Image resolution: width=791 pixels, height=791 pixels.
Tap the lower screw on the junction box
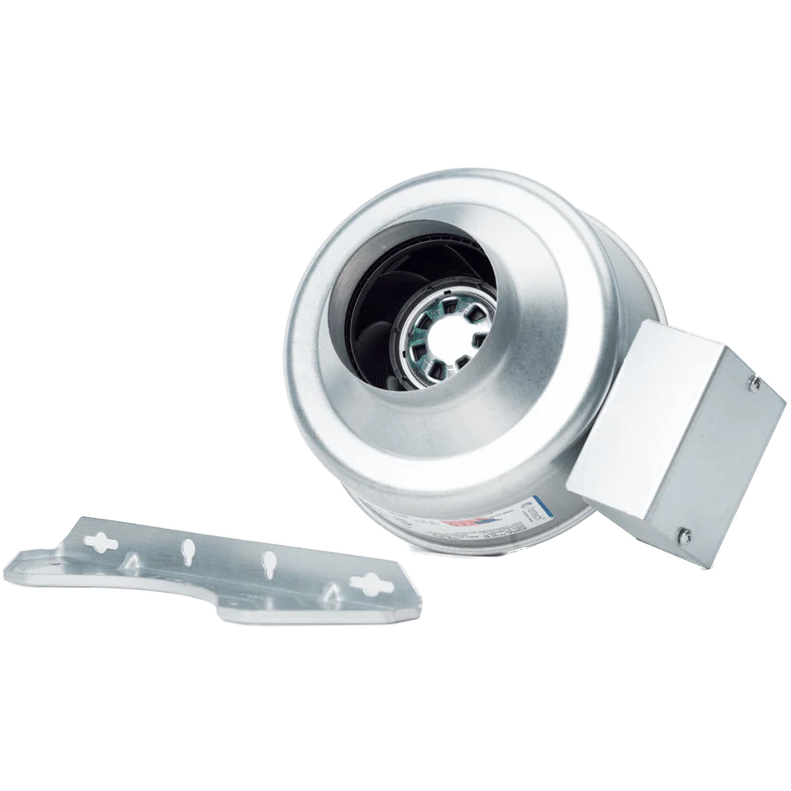click(685, 532)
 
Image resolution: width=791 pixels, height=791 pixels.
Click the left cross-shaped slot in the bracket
click(103, 543)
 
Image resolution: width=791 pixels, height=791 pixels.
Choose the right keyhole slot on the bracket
click(269, 562)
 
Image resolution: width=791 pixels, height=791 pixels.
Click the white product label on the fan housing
click(498, 514)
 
